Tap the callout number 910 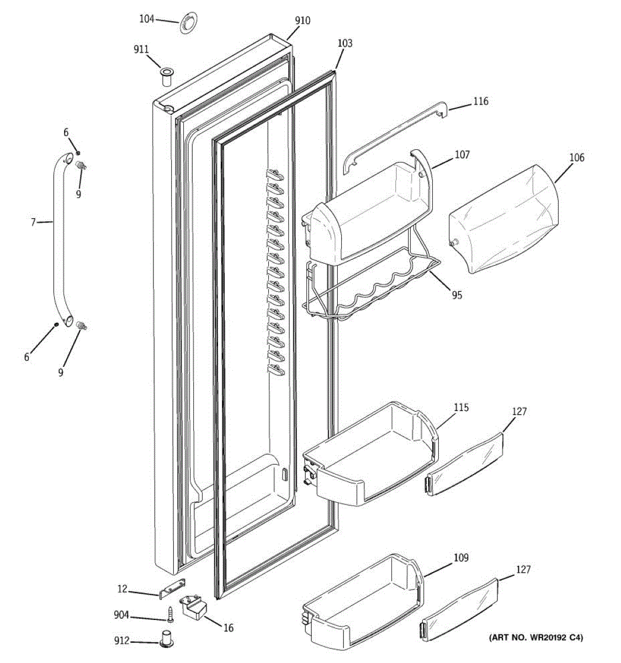point(302,21)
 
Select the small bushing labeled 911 point(166,76)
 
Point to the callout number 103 point(344,44)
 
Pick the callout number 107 point(462,155)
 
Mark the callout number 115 point(461,408)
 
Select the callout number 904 point(121,615)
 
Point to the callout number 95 point(457,295)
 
